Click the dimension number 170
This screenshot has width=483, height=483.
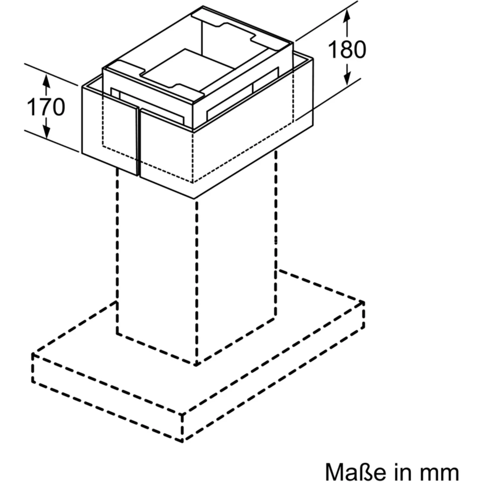click(46, 107)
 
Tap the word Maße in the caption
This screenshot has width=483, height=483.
click(355, 472)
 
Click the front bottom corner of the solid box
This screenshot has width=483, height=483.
click(194, 198)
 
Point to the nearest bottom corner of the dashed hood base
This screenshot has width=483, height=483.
click(182, 441)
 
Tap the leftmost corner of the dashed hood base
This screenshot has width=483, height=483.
click(33, 354)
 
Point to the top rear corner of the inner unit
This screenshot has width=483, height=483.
click(203, 6)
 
